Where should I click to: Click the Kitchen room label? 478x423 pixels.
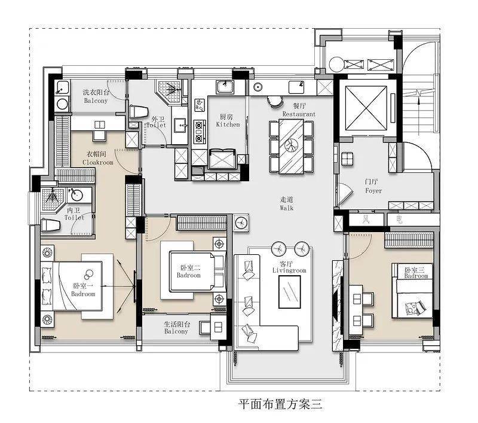[228, 124]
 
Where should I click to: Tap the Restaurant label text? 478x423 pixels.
[299, 114]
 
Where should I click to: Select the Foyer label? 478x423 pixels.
[373, 191]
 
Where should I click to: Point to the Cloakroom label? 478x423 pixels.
[97, 162]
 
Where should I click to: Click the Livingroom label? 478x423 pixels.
[289, 270]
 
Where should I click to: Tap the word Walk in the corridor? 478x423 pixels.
[287, 208]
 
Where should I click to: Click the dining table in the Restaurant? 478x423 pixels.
[291, 147]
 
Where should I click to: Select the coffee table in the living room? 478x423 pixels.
[290, 292]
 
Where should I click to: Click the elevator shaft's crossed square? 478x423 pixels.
[366, 108]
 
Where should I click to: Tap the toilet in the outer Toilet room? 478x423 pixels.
[139, 112]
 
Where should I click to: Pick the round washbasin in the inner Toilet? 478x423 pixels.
[75, 195]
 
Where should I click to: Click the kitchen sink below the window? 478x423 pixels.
[225, 87]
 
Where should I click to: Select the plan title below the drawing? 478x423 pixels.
[280, 404]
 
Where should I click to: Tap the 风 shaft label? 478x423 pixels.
[366, 220]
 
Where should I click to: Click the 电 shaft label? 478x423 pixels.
[399, 220]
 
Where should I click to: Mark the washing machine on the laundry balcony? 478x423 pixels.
[63, 104]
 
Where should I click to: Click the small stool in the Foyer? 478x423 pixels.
[347, 159]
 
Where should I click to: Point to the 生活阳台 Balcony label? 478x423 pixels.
[176, 328]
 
